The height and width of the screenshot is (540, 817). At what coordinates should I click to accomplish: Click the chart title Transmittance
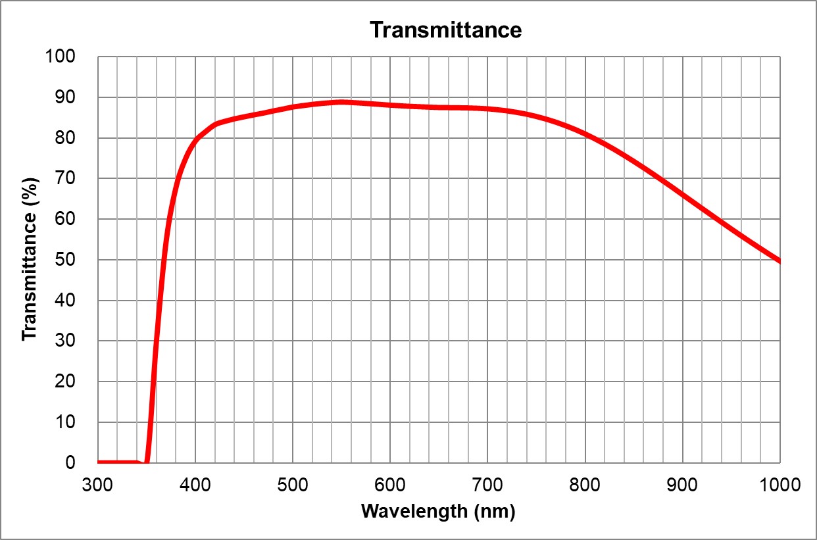445,30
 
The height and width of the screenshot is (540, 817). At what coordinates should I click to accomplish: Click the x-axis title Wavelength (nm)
438,511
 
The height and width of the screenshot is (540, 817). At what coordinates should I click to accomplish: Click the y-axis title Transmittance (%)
29,260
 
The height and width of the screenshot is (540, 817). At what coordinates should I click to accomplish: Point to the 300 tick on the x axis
97,485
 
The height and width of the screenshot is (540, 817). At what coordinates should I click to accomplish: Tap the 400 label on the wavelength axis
195,485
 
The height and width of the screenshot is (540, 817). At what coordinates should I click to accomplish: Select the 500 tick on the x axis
292,485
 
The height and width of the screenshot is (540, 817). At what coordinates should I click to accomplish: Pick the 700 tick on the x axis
487,485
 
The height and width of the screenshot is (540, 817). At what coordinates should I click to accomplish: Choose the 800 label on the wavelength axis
585,485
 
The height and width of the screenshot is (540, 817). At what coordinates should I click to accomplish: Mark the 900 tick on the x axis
682,485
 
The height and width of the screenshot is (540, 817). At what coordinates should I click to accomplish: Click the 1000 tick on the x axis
779,485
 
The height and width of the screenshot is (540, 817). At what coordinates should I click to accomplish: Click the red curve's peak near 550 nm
341,102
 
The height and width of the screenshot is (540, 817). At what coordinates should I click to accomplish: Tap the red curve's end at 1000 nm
779,261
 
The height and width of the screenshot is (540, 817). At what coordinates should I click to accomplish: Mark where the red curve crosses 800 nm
585,134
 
